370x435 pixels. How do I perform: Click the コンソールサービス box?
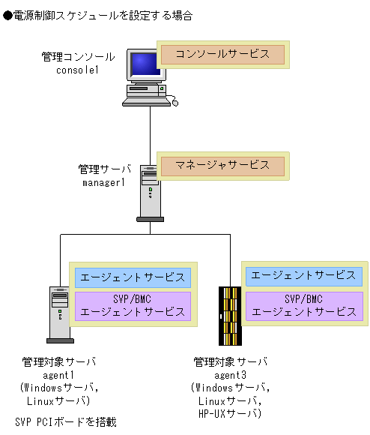pos(222,55)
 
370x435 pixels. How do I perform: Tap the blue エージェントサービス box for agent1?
pos(133,277)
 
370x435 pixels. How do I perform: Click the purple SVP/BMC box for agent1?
pos(133,306)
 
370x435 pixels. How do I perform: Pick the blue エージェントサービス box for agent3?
pos(303,275)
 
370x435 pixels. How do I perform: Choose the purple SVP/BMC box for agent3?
pos(303,305)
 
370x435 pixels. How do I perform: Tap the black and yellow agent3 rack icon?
pos(228,313)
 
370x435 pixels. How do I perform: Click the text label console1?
pos(78,70)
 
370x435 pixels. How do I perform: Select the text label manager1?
pos(105,182)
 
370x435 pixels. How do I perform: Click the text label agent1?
pos(59,375)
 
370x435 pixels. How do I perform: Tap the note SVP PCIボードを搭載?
pos(66,422)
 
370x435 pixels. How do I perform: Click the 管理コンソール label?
pos(79,56)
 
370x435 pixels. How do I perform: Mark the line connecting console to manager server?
pos(151,131)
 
